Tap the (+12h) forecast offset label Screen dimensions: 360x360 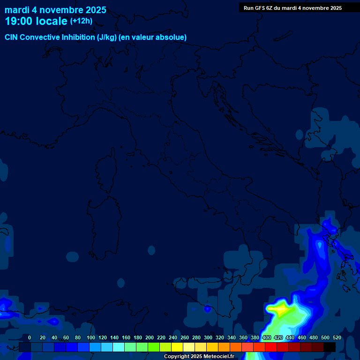point(81,21)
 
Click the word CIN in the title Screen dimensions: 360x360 point(12,37)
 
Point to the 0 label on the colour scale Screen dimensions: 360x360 point(30,337)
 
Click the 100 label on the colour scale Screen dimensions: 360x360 point(91,337)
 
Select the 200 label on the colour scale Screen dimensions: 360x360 point(150,337)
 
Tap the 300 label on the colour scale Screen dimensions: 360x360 point(208,337)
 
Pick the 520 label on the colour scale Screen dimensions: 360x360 point(337,337)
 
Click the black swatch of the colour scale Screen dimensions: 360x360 point(330,347)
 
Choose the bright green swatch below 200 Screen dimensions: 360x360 point(154,347)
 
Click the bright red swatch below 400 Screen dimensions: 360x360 point(271,347)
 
